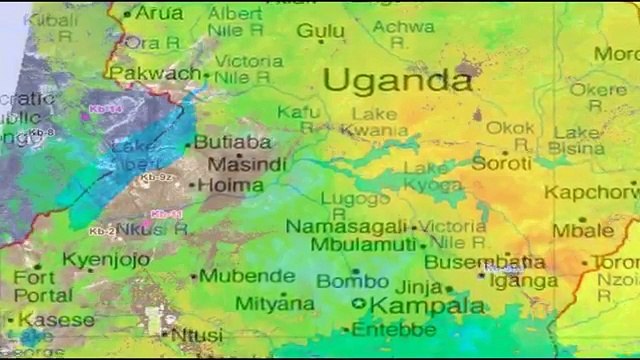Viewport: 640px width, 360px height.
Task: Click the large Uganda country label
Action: tap(397, 80)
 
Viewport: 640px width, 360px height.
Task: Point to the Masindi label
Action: tap(236, 163)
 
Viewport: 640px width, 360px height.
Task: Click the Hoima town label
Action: tap(231, 185)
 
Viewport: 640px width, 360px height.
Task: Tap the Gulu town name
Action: tap(320, 32)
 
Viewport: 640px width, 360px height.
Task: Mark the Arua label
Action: tap(158, 13)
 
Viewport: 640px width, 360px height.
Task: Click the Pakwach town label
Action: tap(154, 74)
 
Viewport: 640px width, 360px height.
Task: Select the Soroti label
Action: tap(501, 162)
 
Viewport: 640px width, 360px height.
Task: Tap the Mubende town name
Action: tap(245, 276)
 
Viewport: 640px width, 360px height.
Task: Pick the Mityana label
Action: tap(274, 303)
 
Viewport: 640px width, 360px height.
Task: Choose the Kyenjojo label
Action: tap(106, 260)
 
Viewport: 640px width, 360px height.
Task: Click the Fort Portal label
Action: tap(41, 286)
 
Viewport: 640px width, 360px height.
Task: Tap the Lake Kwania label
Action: tap(373, 122)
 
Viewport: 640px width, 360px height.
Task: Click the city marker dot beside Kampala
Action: tap(359, 305)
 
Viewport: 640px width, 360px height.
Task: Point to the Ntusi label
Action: tap(197, 335)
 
